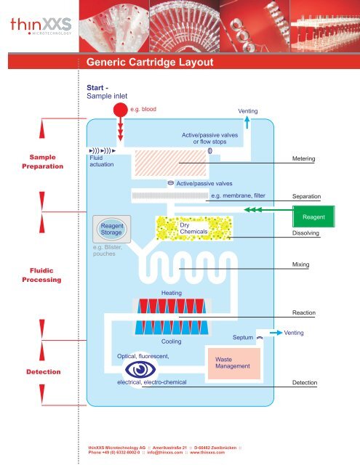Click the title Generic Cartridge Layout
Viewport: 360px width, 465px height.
(x=149, y=62)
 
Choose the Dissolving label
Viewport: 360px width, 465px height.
(x=306, y=234)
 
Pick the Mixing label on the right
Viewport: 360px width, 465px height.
(x=300, y=265)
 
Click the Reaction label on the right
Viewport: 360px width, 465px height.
(x=303, y=312)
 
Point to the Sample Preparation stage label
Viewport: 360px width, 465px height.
(x=41, y=161)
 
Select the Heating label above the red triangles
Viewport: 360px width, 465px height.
(x=172, y=292)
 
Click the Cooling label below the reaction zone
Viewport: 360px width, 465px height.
(x=171, y=341)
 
